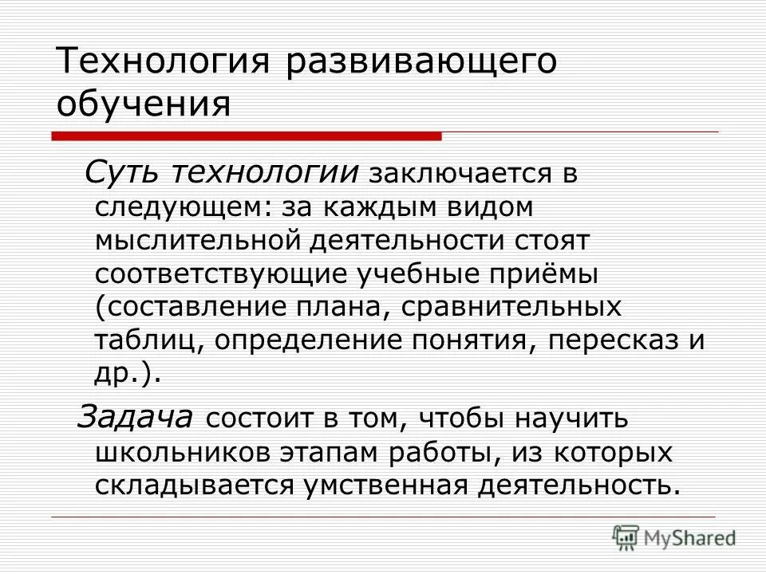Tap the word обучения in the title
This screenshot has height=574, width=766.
[x=144, y=104]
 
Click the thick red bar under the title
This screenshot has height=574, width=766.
[x=247, y=136]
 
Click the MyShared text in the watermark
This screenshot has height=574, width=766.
[x=691, y=537]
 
